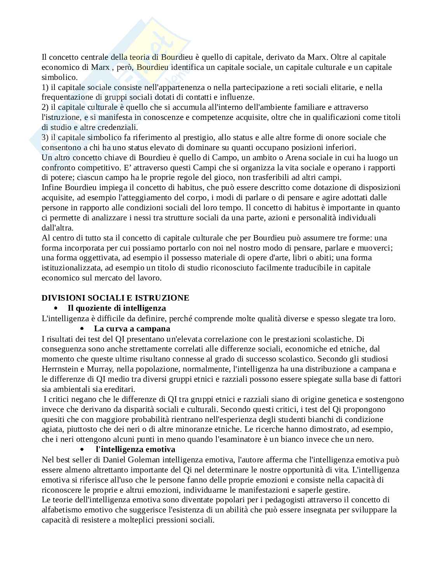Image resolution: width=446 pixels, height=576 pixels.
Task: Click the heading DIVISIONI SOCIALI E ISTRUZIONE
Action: pos(115,298)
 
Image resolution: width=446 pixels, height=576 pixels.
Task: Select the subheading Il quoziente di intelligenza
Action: pos(117,308)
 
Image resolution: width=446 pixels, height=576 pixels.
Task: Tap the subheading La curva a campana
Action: pos(132,329)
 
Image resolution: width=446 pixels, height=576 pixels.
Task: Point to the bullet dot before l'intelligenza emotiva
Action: pos(82,449)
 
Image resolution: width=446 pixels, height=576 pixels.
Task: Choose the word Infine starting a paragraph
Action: pos(52,187)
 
